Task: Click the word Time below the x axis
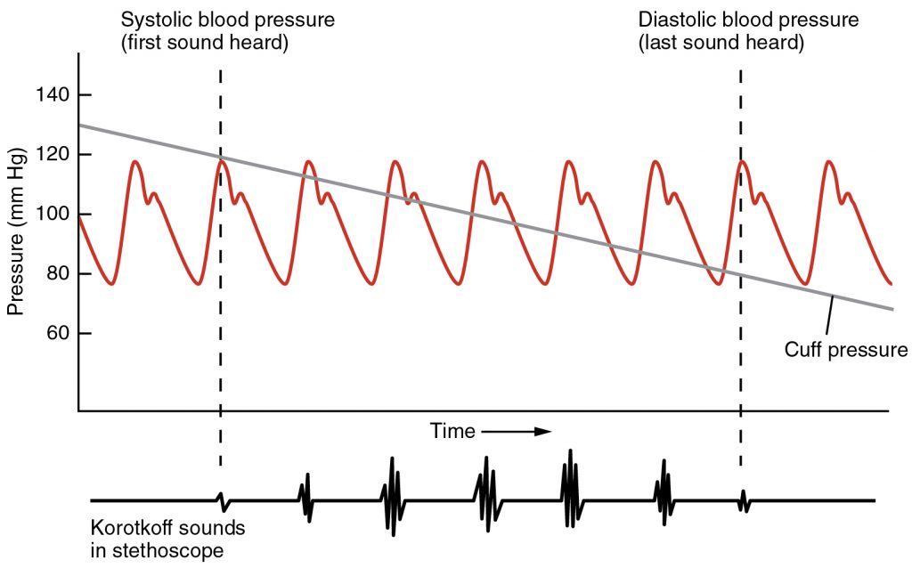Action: (452, 432)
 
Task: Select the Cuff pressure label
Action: (845, 350)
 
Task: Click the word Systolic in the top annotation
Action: (152, 20)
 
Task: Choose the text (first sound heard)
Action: (205, 43)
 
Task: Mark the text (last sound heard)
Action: (721, 43)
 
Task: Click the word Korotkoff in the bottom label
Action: (127, 528)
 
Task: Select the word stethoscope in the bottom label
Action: (167, 550)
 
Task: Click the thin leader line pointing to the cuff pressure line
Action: (827, 316)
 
